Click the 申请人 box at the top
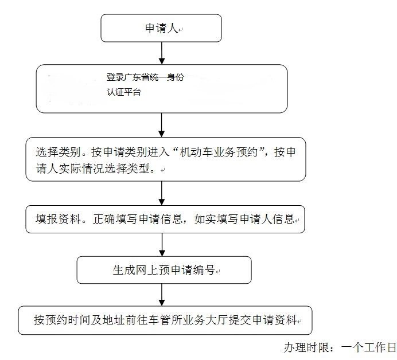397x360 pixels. [161, 28]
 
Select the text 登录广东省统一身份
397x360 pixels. [145, 77]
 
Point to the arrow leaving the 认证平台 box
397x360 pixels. [162, 124]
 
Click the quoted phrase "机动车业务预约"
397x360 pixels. [224, 152]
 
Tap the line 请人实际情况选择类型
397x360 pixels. [95, 170]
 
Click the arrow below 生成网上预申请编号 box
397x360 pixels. [162, 295]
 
